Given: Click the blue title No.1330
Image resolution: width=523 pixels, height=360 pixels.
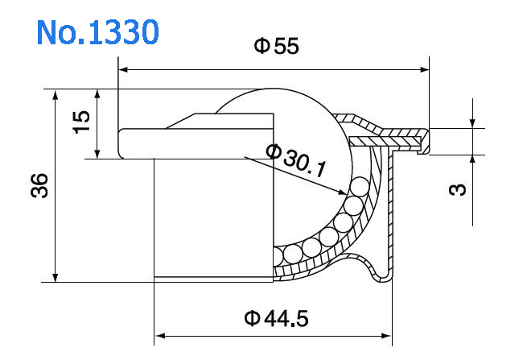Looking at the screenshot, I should pos(97,31).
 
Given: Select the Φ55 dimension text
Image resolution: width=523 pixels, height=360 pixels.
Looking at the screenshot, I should pos(276,47).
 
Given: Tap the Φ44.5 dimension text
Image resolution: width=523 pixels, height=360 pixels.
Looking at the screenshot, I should pos(276,319).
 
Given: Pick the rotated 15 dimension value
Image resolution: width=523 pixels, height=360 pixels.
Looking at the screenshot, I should pos(81,122).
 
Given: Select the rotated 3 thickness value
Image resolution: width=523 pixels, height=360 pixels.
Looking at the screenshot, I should pos(456,190).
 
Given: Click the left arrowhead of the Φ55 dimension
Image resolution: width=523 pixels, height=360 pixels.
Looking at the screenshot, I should pos(125,69).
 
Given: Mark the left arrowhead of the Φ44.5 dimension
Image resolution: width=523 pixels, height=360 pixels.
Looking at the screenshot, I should pos(159,334).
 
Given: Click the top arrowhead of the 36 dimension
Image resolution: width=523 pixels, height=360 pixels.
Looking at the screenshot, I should pos(56,95).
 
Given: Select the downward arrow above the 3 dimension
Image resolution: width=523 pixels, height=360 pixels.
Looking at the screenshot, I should pos(472,122).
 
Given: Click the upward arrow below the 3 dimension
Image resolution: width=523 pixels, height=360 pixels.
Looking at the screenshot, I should pos(472,159).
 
